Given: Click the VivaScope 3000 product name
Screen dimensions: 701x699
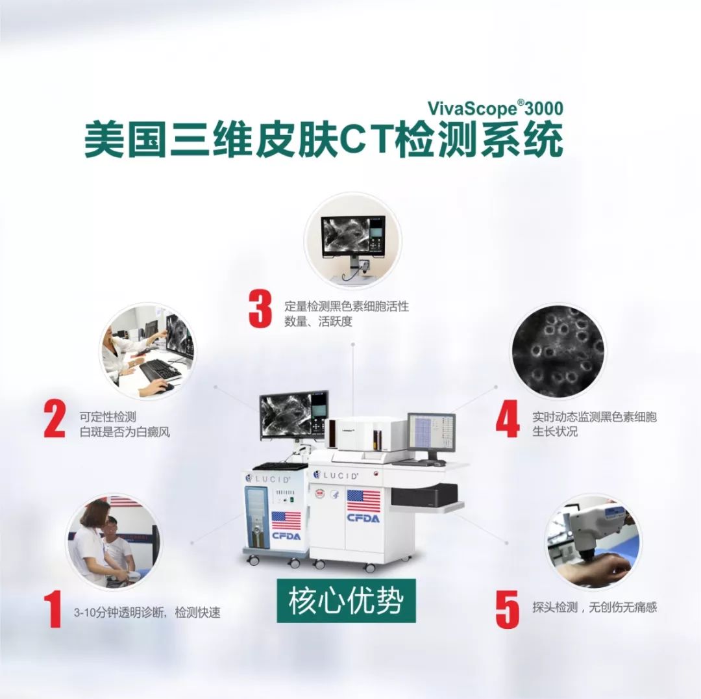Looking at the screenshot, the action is coord(495,108).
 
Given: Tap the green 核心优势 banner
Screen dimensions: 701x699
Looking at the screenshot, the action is coord(346,600).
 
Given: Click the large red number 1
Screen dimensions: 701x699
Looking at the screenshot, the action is coord(54,609).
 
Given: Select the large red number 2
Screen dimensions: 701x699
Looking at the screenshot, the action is coord(55,419).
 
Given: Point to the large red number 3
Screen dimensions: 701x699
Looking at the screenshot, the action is coord(260,309).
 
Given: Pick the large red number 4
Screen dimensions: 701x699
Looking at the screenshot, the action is coord(508,419).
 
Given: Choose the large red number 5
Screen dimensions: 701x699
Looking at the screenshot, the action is coord(508,609).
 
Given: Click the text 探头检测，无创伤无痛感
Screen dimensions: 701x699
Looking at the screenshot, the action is coord(594,607).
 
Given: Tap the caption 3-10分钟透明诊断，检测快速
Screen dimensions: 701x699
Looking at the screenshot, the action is coord(147,612).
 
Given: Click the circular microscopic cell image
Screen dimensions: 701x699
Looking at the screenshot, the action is coord(559,351).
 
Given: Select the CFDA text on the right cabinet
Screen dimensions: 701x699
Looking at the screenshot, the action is coord(363,518).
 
